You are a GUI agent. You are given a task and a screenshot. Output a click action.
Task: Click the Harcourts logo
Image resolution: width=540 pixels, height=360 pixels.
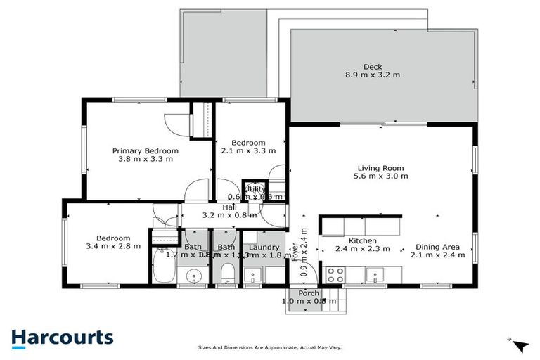tap(62, 337)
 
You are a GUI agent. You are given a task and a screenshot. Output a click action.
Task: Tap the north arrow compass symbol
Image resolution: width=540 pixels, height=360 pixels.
tap(519, 345)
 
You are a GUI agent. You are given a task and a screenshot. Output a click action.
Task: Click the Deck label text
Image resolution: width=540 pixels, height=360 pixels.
tap(354, 67)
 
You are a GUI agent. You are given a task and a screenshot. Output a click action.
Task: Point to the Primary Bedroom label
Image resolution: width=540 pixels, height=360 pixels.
tap(146, 150)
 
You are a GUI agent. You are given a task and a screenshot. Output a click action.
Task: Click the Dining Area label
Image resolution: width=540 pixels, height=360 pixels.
tap(437, 247)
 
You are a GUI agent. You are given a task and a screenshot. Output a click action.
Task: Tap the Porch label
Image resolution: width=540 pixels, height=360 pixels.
tap(309, 293)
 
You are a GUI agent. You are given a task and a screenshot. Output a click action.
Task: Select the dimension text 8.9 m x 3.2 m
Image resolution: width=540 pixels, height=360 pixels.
tap(372, 75)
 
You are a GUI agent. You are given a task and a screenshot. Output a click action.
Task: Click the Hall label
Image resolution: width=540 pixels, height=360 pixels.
tap(230, 207)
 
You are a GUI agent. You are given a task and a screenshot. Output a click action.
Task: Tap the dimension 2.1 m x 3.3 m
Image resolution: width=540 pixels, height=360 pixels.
tap(248, 150)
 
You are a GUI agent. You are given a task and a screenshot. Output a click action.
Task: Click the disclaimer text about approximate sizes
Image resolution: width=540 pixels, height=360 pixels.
tap(270, 347)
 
